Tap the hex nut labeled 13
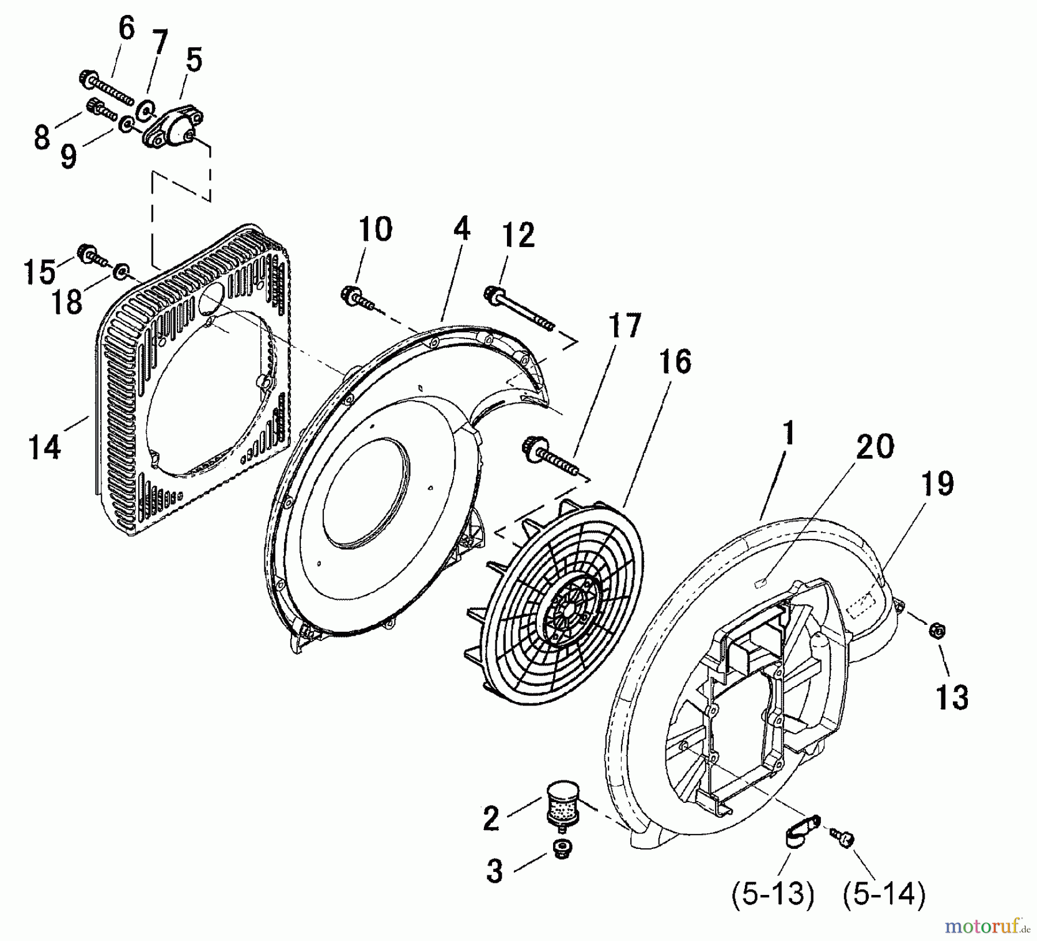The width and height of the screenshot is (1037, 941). tap(938, 631)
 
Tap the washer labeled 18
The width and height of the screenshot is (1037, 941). tap(122, 270)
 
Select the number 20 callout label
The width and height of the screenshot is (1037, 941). tap(874, 446)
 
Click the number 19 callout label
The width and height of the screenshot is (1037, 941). tap(937, 483)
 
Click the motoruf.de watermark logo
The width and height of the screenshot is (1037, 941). tap(987, 927)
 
